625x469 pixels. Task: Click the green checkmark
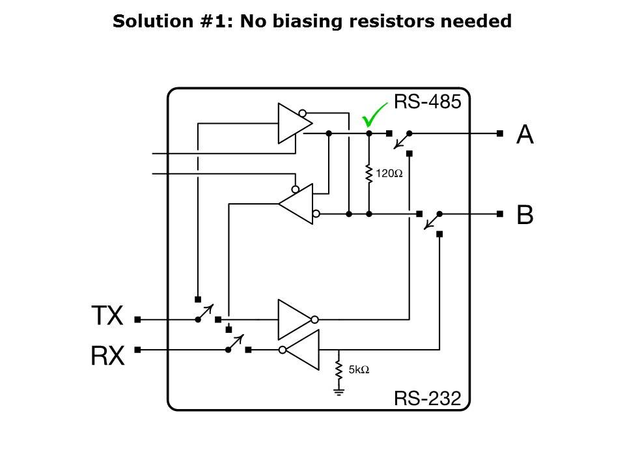(373, 116)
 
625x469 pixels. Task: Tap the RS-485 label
(428, 102)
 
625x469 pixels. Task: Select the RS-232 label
(428, 398)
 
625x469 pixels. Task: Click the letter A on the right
(525, 134)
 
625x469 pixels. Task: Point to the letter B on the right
(525, 214)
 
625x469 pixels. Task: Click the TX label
(107, 317)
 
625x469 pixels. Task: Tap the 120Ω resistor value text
(390, 175)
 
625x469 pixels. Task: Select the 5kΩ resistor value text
(359, 369)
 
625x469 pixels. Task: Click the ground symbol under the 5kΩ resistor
(339, 391)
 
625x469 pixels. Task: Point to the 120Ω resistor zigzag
(368, 173)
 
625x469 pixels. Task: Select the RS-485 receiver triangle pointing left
(296, 203)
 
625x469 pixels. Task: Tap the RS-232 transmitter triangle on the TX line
(295, 319)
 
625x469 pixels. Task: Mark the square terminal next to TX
(137, 320)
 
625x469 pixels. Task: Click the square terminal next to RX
(137, 350)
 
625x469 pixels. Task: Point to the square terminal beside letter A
(499, 134)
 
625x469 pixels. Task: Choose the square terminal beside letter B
(499, 214)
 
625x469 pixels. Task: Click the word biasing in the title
(300, 21)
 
